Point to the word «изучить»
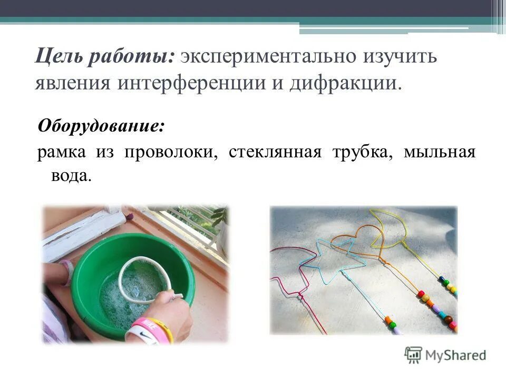coord(398,56)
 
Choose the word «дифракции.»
coord(346,83)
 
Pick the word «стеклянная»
coord(275,153)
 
